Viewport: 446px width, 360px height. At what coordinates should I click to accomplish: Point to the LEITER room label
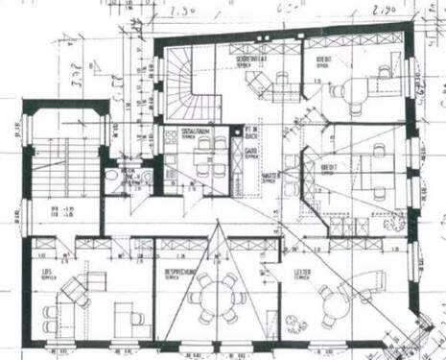(303, 274)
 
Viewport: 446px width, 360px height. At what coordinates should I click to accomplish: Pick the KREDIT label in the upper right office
(323, 61)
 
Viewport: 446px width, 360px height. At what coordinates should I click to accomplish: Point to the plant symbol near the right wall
(417, 88)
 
